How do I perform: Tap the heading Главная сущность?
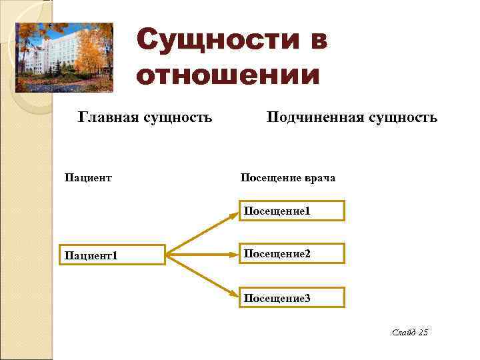[145, 118]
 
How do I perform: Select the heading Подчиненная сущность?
[352, 118]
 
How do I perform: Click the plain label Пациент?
[87, 178]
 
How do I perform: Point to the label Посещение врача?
[288, 178]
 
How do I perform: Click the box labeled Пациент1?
[113, 255]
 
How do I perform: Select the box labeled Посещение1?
[292, 211]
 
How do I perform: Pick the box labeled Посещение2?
[292, 253]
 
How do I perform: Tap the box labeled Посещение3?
[292, 297]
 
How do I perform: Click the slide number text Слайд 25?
[409, 332]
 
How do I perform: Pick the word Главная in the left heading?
[107, 118]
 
